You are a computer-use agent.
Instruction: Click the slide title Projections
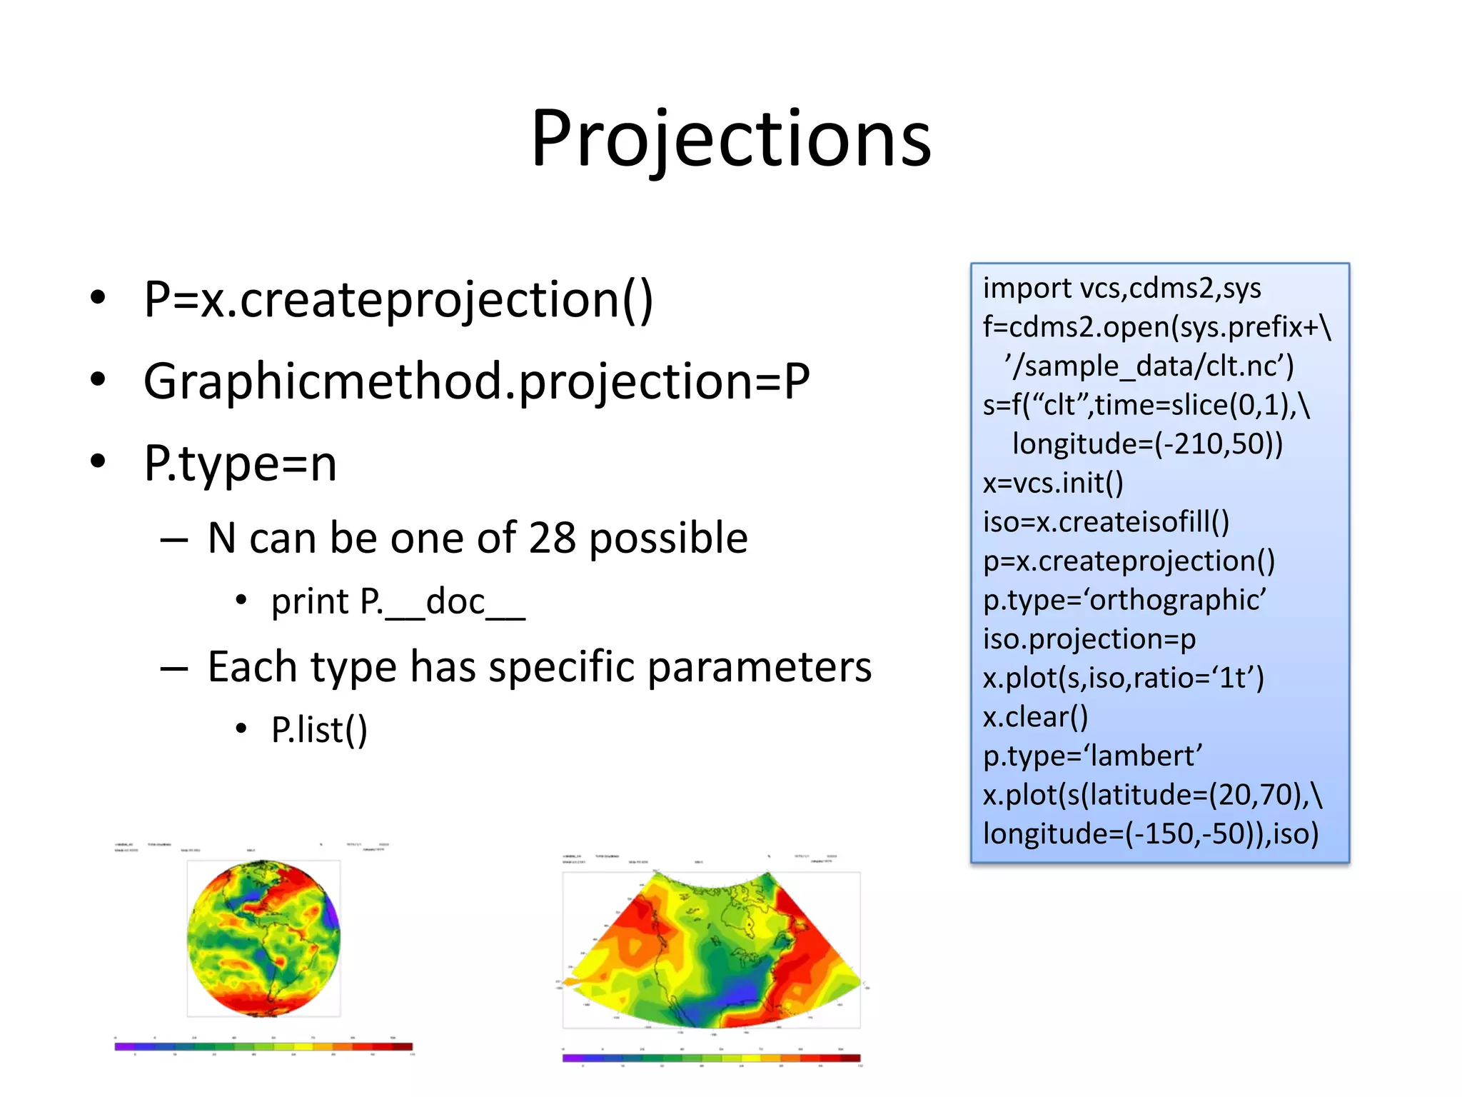[x=731, y=139]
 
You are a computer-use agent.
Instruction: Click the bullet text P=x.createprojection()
[x=398, y=300]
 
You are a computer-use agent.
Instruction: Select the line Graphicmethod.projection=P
[x=476, y=381]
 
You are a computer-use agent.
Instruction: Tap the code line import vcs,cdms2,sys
[x=1121, y=289]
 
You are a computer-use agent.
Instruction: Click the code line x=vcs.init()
[x=1053, y=484]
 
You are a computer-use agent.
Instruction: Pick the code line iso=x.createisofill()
[x=1106, y=522]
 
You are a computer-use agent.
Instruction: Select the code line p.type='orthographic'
[x=1124, y=600]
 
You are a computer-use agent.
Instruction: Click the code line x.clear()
[x=1035, y=717]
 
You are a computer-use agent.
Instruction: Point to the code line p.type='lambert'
[x=1092, y=756]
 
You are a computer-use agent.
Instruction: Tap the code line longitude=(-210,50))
[x=1147, y=444]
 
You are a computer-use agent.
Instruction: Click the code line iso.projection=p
[x=1089, y=639]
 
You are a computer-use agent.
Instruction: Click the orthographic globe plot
[x=263, y=938]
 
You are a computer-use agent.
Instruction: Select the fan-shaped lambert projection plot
[x=712, y=950]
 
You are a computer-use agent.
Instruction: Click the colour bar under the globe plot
[x=263, y=1046]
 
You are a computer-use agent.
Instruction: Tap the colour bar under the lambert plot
[x=711, y=1058]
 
